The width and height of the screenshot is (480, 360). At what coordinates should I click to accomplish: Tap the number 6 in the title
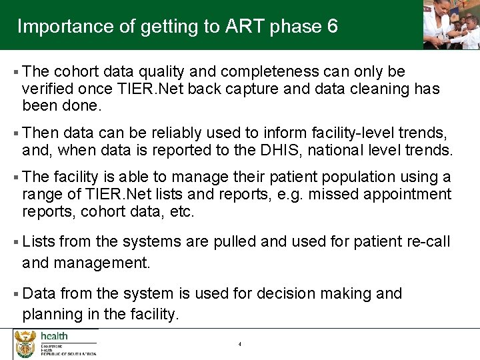332,27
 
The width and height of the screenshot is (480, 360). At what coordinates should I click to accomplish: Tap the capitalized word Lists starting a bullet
39,241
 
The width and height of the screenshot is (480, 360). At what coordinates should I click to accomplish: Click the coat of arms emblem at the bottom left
25,344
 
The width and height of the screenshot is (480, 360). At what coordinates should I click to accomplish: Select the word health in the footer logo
54,336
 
